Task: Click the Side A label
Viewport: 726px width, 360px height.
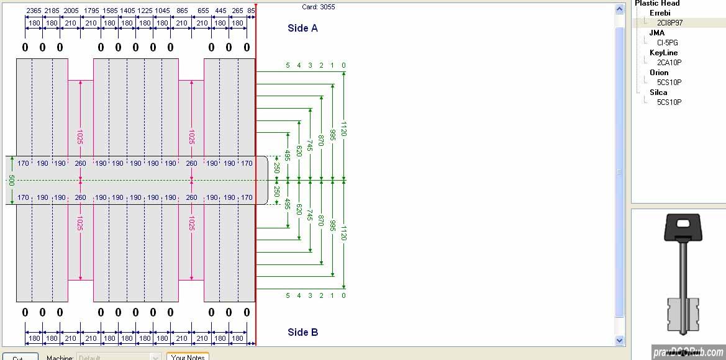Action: coord(302,28)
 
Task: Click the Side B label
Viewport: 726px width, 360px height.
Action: coord(302,332)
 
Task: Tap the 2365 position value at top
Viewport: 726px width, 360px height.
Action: coord(34,11)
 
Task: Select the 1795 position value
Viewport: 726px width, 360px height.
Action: coord(91,11)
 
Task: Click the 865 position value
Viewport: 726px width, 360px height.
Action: coord(182,11)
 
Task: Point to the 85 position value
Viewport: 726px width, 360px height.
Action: coord(251,11)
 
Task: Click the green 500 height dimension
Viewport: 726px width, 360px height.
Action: coord(11,180)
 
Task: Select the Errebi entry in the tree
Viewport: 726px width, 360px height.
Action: coord(660,13)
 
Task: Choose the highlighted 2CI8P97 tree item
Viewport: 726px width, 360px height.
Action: coord(669,23)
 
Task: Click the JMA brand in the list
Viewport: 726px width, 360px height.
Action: coord(656,33)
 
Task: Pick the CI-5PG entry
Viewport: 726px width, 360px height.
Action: coord(667,43)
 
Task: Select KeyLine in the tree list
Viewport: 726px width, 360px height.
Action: coord(663,53)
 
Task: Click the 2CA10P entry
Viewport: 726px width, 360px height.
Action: coord(669,63)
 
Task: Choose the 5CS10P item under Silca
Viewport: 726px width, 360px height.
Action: coord(669,102)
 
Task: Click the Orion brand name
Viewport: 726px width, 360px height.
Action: coord(659,73)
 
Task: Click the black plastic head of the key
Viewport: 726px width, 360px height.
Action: coord(683,228)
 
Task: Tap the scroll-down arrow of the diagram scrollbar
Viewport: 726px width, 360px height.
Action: coord(619,340)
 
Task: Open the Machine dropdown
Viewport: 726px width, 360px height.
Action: coord(156,358)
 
